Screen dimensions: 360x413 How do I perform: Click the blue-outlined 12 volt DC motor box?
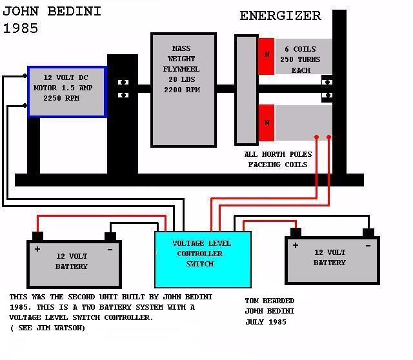[x=66, y=91]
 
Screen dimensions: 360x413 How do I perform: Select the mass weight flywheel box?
[x=183, y=89]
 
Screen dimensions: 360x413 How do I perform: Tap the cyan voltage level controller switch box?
[x=203, y=258]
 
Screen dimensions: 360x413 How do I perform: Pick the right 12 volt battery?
[x=332, y=260]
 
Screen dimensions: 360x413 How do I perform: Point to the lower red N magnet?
[x=266, y=123]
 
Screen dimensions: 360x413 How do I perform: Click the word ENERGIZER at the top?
[x=280, y=16]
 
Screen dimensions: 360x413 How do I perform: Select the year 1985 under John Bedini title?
[x=21, y=29]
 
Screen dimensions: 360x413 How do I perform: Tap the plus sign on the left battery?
[x=37, y=249]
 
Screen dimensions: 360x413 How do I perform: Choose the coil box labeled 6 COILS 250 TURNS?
[x=302, y=58]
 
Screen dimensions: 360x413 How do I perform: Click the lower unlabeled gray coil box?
[x=302, y=123]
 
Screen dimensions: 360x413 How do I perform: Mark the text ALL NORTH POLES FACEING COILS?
[x=278, y=159]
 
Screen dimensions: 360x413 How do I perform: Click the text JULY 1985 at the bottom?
[x=266, y=322]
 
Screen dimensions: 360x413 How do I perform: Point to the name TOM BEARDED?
[x=270, y=301]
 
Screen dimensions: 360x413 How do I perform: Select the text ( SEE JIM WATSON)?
[x=47, y=328]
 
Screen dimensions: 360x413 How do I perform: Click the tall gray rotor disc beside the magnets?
[x=246, y=90]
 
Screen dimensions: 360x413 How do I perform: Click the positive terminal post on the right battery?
[x=296, y=232]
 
